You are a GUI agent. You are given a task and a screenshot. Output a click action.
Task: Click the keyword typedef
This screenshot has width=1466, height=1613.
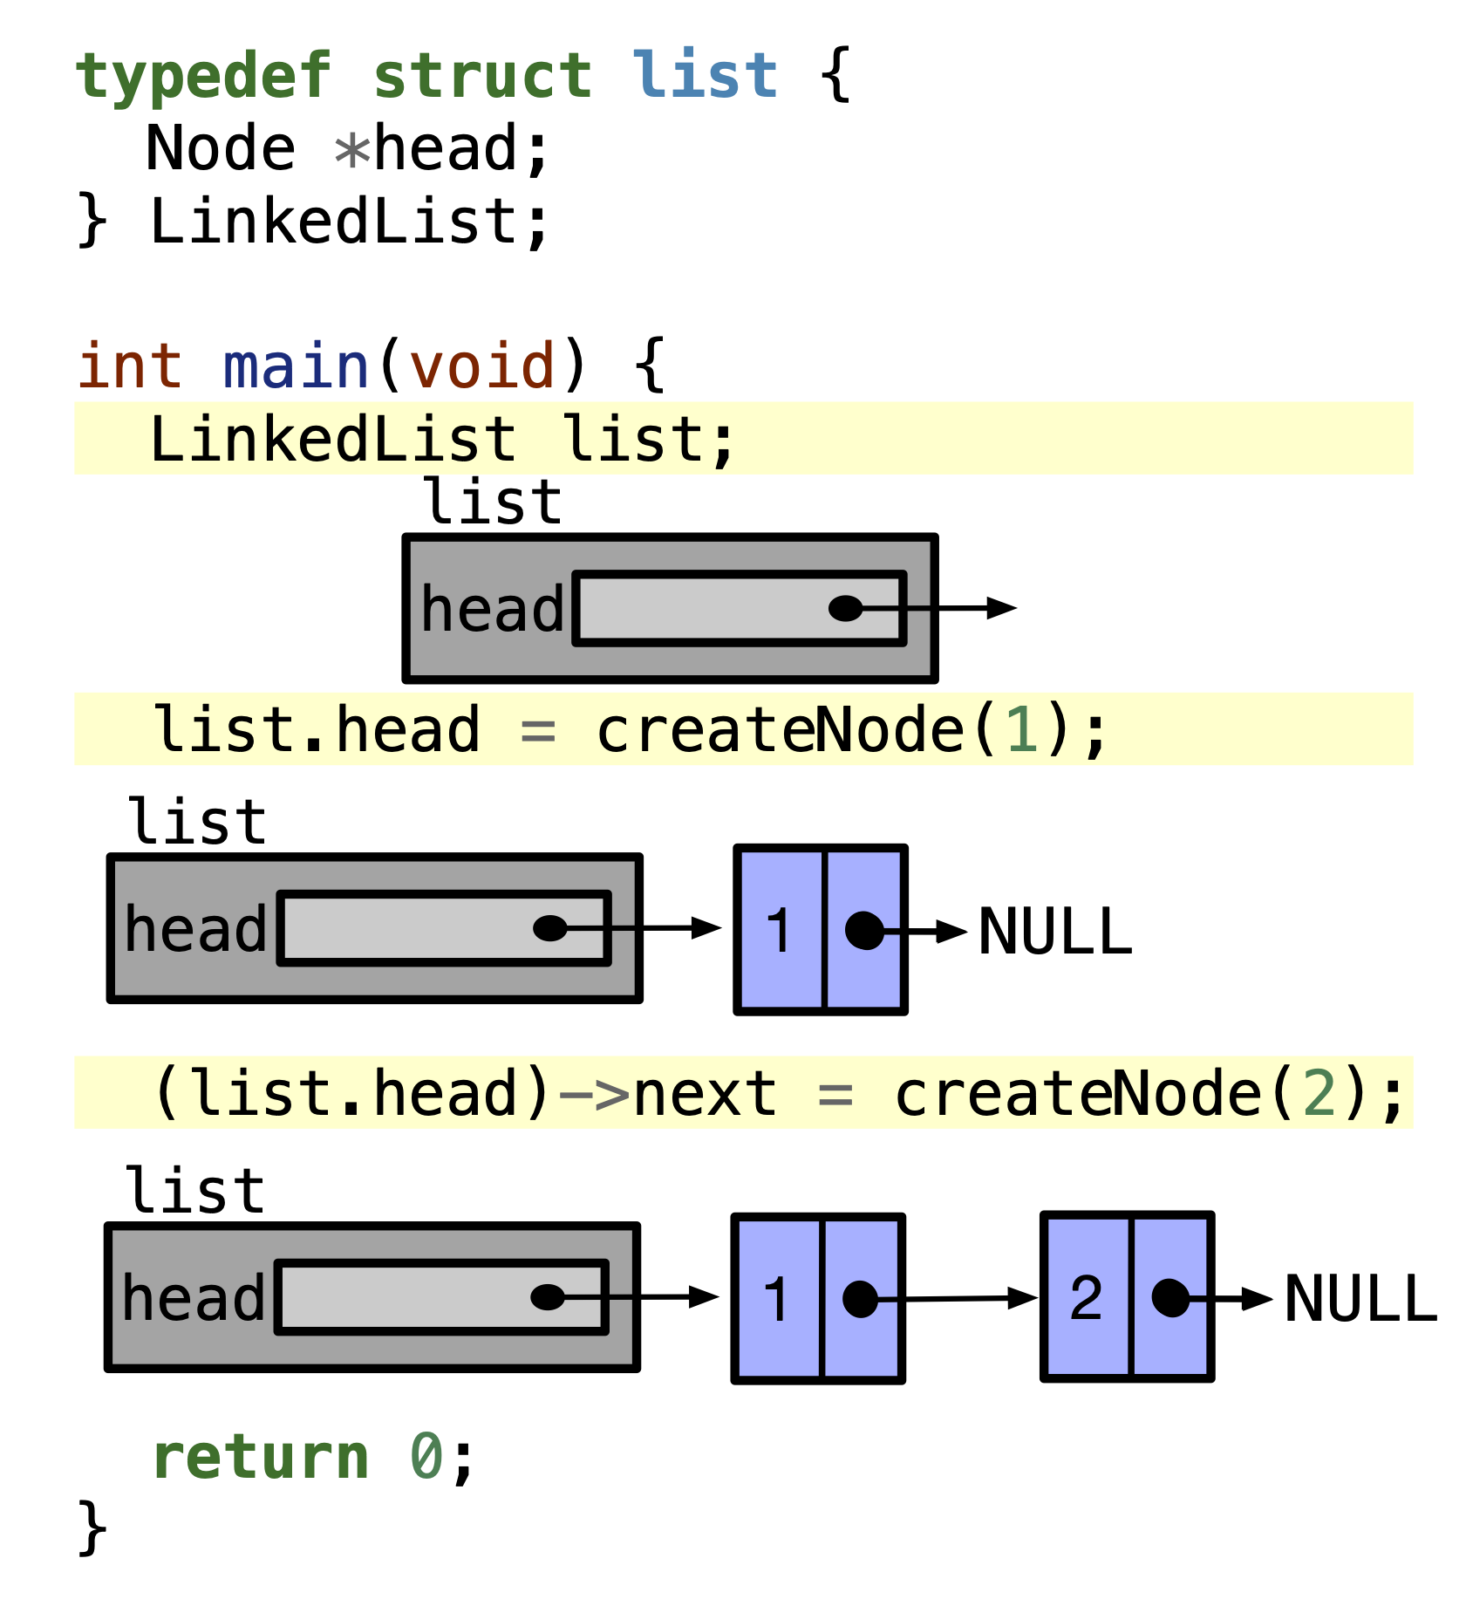point(202,77)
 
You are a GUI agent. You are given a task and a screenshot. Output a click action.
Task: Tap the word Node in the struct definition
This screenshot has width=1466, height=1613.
point(220,148)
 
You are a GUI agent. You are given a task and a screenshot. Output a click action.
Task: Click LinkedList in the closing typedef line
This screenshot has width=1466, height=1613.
point(333,222)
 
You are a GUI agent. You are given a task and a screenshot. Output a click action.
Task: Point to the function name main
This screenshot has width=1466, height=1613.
point(297,366)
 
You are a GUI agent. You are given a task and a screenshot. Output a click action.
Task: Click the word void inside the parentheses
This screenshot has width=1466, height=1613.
point(482,366)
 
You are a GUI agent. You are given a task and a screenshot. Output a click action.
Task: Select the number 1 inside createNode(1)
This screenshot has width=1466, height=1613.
point(1021,731)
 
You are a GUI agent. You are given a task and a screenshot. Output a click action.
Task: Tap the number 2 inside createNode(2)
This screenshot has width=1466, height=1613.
point(1319,1094)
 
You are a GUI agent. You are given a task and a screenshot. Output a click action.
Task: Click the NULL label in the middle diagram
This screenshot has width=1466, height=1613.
point(1054,933)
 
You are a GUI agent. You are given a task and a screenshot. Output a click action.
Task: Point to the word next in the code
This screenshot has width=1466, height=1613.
point(705,1094)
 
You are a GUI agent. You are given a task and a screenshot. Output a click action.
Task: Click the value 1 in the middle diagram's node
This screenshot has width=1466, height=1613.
point(779,931)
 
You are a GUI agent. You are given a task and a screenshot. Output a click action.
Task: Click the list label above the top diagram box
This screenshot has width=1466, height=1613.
point(493,503)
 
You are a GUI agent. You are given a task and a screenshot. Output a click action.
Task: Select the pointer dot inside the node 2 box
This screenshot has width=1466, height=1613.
point(1169,1298)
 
